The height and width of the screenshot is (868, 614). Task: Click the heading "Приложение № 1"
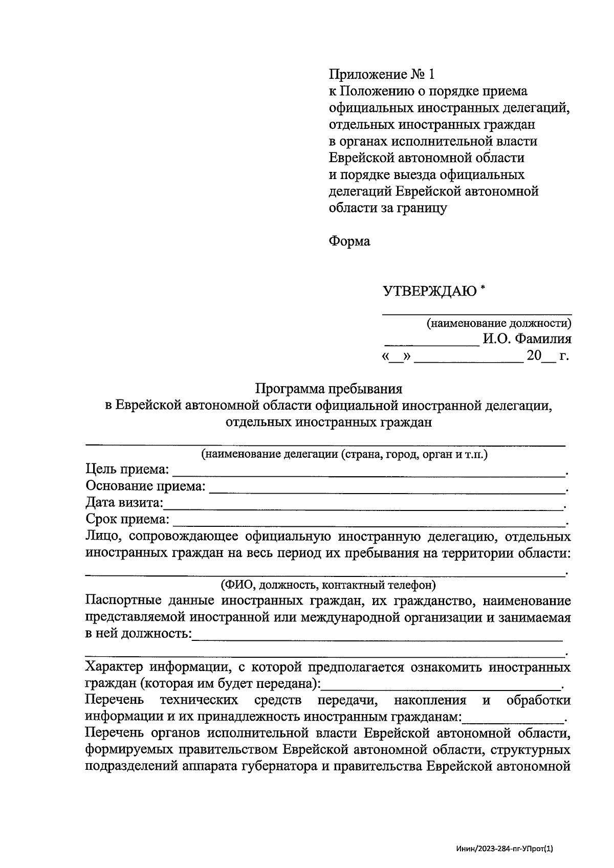point(381,75)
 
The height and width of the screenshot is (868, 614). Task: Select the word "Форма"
point(349,241)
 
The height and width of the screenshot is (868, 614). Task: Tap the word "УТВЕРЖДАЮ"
point(430,292)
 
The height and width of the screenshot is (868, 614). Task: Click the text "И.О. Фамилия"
point(527,339)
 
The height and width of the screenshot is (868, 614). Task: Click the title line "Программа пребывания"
point(329,389)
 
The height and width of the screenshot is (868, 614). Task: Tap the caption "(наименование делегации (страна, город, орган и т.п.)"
point(344,454)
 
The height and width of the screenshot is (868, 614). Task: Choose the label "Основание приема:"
point(145,486)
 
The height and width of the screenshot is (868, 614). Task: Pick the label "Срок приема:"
point(127,520)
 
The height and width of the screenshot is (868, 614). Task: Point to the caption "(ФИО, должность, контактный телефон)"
point(328,584)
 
